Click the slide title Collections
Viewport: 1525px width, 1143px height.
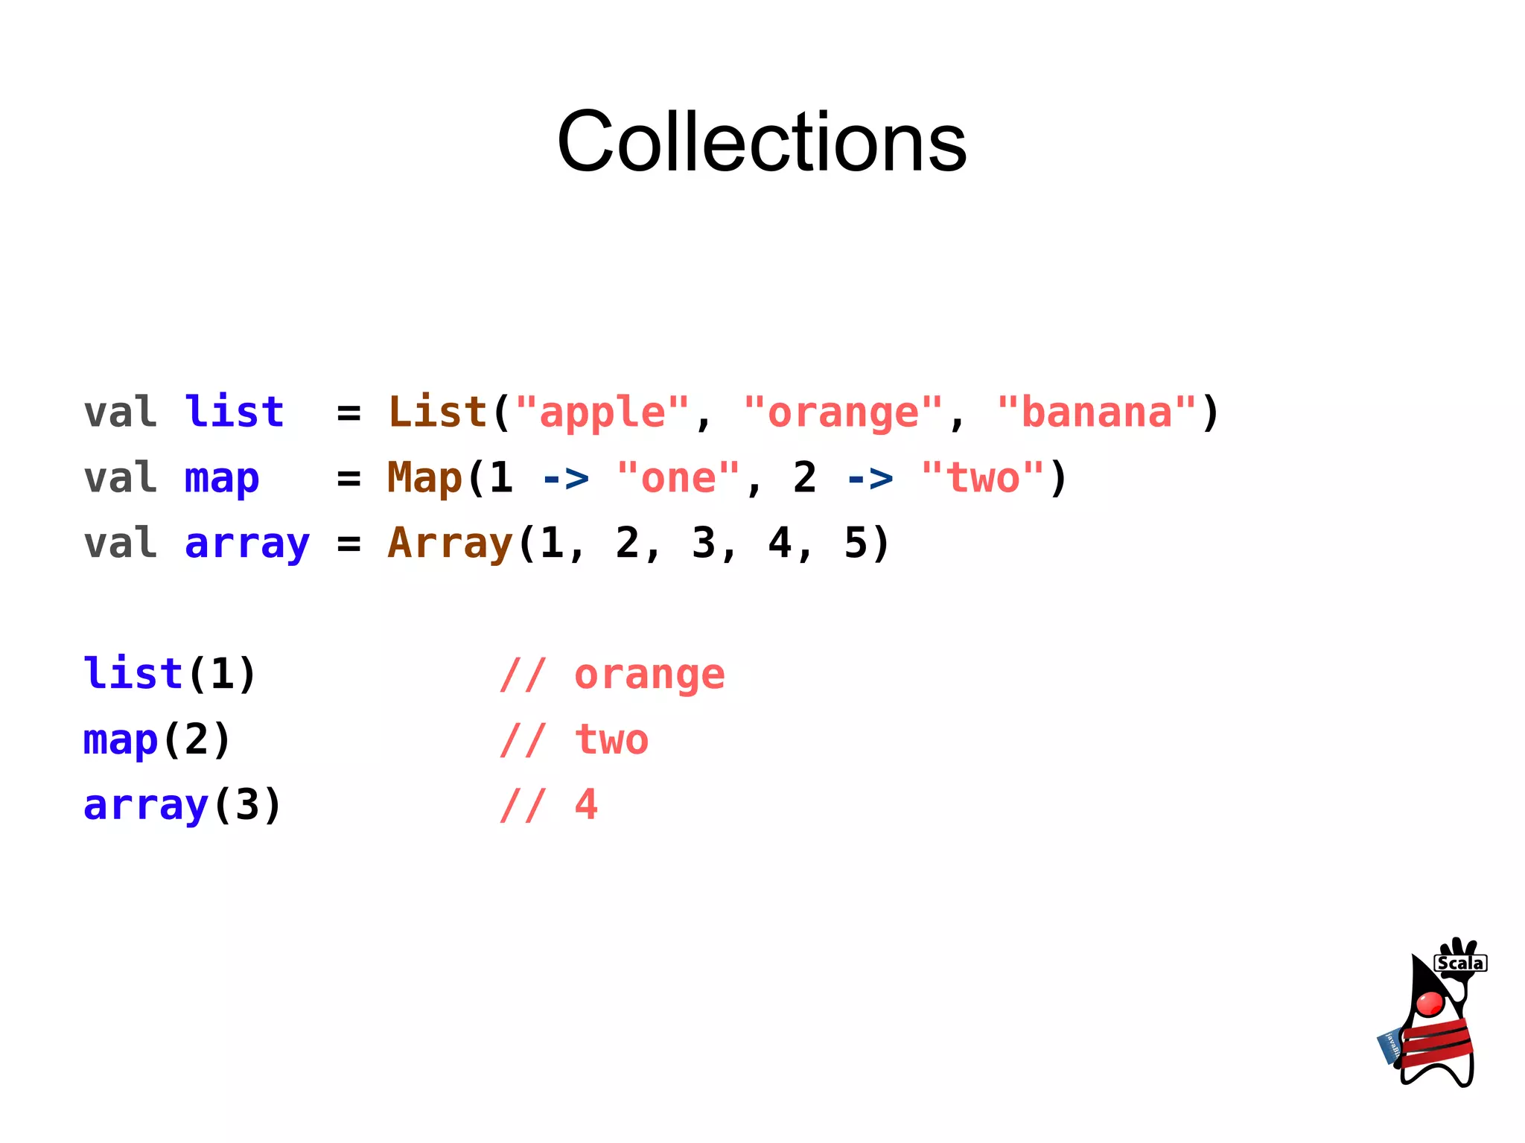tap(761, 141)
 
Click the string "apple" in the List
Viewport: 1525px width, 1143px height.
tap(602, 413)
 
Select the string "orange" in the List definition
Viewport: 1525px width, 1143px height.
tap(843, 413)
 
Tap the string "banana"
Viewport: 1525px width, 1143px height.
tap(1096, 413)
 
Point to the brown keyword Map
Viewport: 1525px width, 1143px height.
tap(424, 478)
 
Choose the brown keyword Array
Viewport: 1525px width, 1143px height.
tap(450, 544)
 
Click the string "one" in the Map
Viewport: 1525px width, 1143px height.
tap(678, 478)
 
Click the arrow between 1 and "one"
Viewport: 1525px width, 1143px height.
tap(566, 479)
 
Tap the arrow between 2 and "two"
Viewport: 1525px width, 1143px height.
tap(870, 479)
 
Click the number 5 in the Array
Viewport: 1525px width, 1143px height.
tap(856, 543)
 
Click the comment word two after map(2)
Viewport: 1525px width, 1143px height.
tap(611, 740)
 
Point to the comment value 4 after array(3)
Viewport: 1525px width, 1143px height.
tap(586, 805)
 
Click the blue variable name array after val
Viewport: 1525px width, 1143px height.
tap(246, 544)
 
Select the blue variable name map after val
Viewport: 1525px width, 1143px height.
tap(222, 479)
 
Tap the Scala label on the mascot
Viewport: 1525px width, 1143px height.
tap(1459, 964)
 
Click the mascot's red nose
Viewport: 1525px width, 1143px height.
tap(1429, 1003)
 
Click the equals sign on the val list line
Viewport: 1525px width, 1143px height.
tap(348, 413)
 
